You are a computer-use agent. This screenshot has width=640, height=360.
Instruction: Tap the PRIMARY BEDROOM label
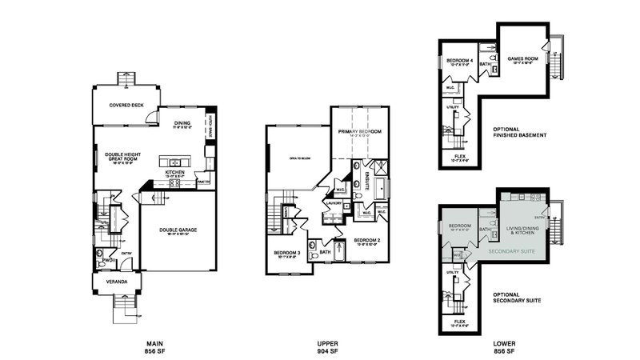[359, 132]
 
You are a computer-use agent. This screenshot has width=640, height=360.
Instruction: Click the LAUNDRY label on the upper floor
[334, 203]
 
